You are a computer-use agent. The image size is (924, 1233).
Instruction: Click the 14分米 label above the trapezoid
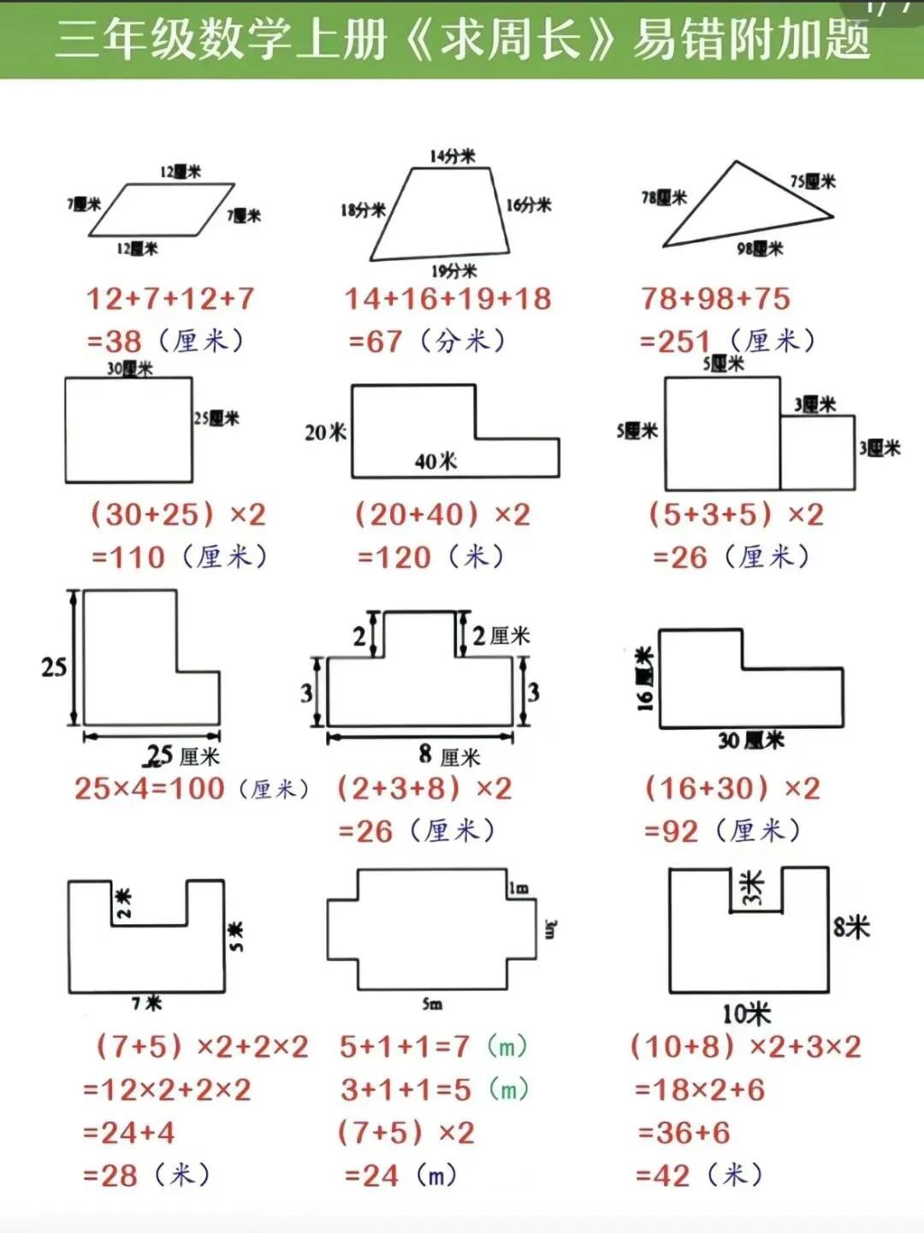pyautogui.click(x=453, y=156)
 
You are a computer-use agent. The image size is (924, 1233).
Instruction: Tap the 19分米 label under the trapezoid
pyautogui.click(x=453, y=271)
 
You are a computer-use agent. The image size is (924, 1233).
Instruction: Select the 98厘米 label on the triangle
pyautogui.click(x=760, y=248)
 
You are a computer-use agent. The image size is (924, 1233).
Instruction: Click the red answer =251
pyautogui.click(x=676, y=341)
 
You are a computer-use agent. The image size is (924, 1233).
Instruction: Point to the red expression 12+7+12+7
pyautogui.click(x=170, y=299)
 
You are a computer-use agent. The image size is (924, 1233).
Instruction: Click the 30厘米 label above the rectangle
pyautogui.click(x=130, y=369)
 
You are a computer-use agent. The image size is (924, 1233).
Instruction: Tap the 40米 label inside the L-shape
pyautogui.click(x=435, y=461)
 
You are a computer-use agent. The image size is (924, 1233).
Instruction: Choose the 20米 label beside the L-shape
pyautogui.click(x=325, y=432)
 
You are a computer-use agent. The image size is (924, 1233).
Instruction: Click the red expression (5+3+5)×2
pyautogui.click(x=736, y=514)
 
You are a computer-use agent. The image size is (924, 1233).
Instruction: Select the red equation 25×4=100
pyautogui.click(x=150, y=788)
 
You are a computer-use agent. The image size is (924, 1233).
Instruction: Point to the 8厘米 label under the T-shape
pyautogui.click(x=449, y=756)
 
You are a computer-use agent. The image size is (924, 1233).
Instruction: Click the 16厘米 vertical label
pyautogui.click(x=645, y=679)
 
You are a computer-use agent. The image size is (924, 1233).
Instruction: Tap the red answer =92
pyautogui.click(x=671, y=831)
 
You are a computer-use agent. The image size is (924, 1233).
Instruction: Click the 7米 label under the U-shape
pyautogui.click(x=146, y=1003)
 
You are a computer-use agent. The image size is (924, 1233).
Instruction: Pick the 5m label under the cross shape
pyautogui.click(x=432, y=1004)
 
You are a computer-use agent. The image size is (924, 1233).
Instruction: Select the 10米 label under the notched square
pyautogui.click(x=746, y=1014)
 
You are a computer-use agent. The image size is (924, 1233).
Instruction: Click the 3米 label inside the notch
pyautogui.click(x=752, y=888)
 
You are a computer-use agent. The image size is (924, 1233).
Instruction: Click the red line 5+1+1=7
pyautogui.click(x=405, y=1046)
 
